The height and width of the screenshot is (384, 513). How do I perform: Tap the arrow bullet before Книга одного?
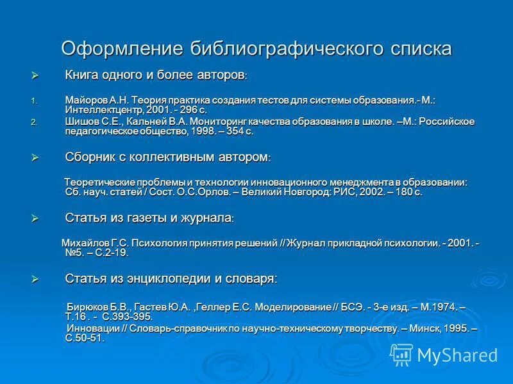click(35, 76)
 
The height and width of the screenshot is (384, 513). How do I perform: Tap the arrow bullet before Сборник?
click(35, 157)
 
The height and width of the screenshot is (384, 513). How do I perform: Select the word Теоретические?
click(104, 182)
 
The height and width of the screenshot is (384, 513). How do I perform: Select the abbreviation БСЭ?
click(349, 307)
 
